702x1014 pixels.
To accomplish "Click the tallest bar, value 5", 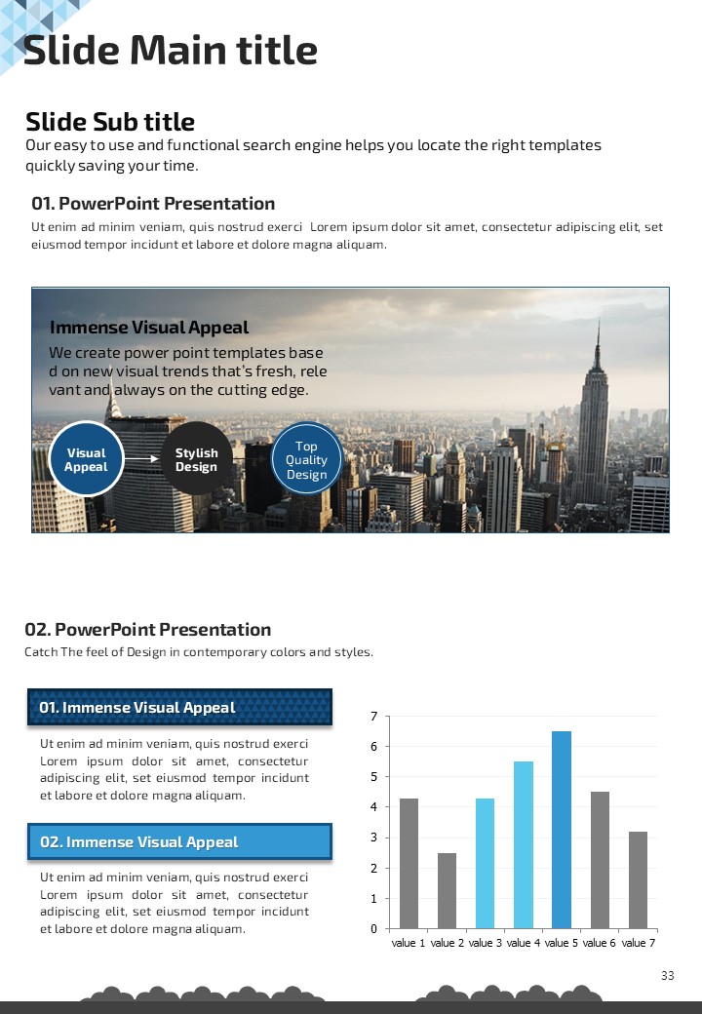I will point(562,830).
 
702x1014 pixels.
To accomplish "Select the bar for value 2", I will point(447,890).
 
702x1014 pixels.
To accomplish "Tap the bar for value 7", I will point(639,879).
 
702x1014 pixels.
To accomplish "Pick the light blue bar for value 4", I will point(524,844).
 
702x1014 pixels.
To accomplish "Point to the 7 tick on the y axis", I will point(374,717).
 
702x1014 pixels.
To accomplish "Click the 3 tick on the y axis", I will point(374,838).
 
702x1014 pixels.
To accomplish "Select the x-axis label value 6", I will point(601,943).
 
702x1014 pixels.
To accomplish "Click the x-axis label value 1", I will point(409,943).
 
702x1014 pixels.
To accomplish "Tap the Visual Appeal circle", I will point(86,459).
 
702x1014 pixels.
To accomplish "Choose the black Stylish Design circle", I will point(196,459).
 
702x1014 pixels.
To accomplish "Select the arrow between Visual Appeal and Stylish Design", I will point(141,458).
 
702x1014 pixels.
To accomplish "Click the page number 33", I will point(668,976).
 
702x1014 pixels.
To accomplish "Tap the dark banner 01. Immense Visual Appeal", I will point(179,707).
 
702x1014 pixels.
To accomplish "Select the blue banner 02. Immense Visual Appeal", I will point(179,841).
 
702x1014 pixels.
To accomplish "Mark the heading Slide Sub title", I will point(110,122).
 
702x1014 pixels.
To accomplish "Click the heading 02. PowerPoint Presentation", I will point(148,629).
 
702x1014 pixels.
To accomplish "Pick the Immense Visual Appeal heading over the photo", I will point(149,328).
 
